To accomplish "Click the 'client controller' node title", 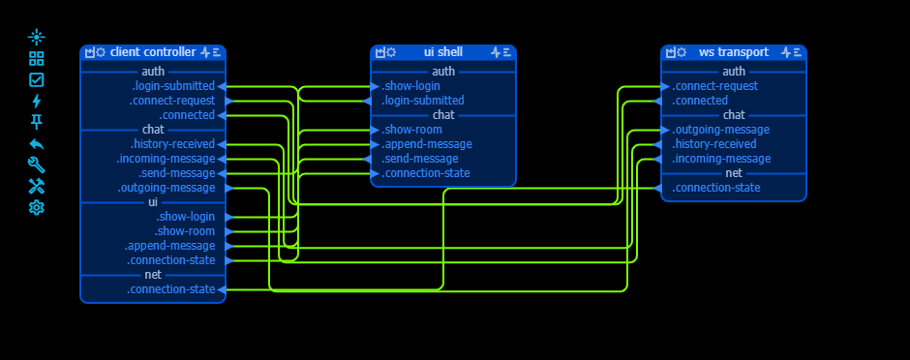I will (153, 52).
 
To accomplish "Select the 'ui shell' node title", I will (442, 52).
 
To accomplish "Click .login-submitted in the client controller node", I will (173, 86).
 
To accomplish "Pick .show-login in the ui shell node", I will (411, 86).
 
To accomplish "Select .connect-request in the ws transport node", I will (714, 86).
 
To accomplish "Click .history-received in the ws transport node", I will (714, 144).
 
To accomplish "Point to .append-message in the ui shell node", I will (427, 144).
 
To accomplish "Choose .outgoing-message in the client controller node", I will (167, 188).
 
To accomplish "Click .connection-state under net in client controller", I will (170, 289).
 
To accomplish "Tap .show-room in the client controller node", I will (185, 231).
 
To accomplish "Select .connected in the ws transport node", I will (700, 101).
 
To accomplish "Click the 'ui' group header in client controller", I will (153, 202).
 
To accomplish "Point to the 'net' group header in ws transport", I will (734, 173).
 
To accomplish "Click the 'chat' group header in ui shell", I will (443, 115).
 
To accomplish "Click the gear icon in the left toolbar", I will (37, 207).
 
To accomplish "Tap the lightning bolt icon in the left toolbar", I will (37, 101).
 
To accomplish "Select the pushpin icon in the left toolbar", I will (37, 122).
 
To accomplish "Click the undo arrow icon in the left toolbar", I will (37, 143).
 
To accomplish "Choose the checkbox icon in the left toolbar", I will (37, 79).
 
